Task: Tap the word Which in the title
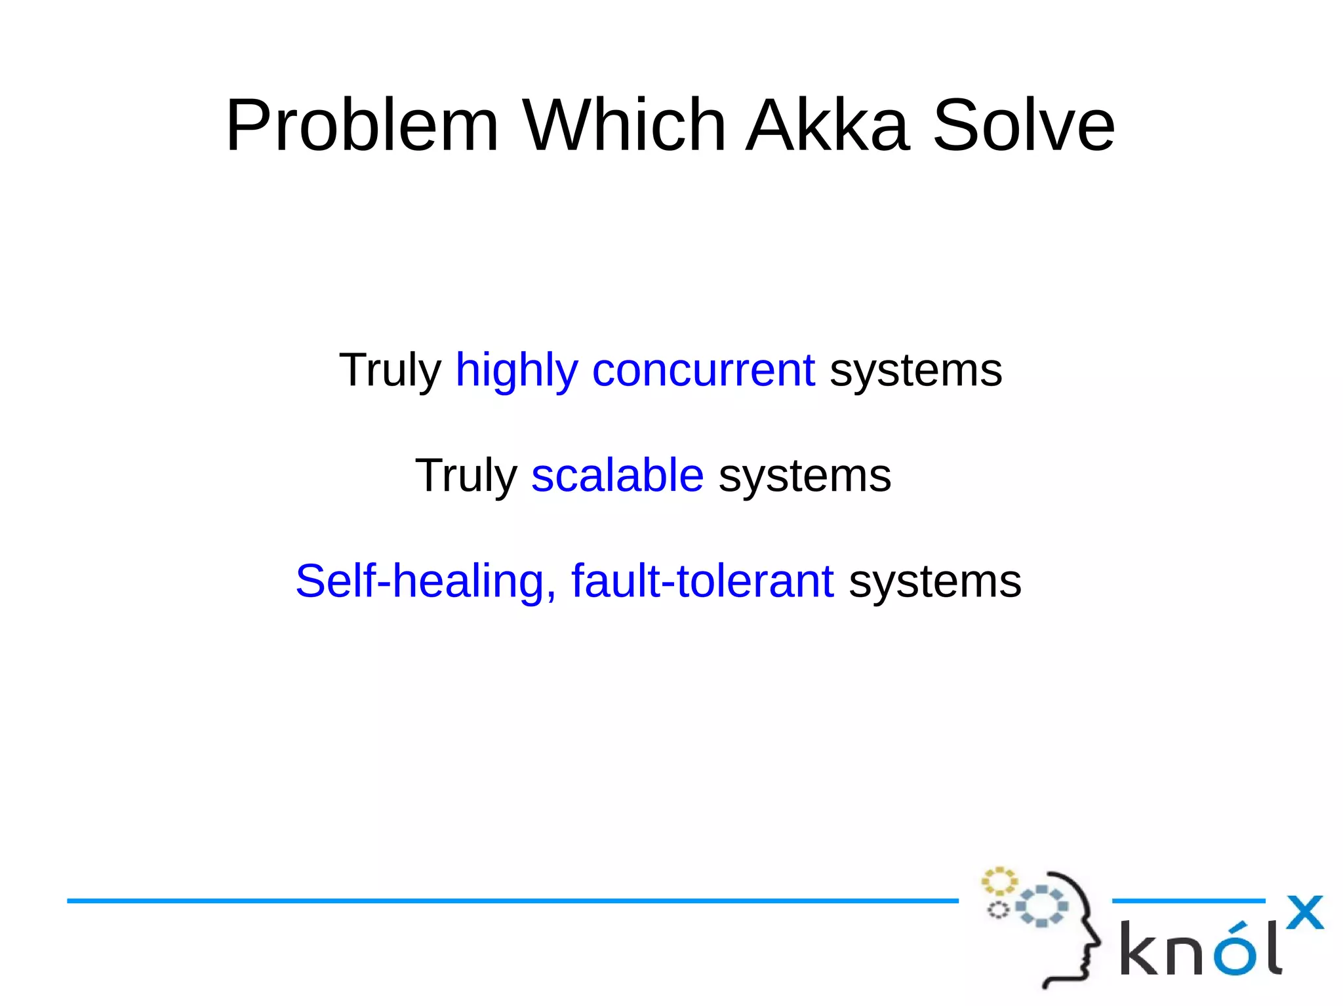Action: tap(624, 125)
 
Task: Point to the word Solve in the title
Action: tap(1023, 125)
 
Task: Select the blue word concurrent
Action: tap(704, 370)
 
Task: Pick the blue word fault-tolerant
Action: tap(702, 581)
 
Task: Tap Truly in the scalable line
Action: tap(466, 476)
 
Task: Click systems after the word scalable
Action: tap(805, 476)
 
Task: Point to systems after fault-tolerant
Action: tap(934, 581)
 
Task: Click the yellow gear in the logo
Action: tap(998, 881)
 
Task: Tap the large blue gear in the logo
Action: tap(1042, 906)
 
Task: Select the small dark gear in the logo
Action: tap(998, 910)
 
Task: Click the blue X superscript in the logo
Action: tap(1304, 912)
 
